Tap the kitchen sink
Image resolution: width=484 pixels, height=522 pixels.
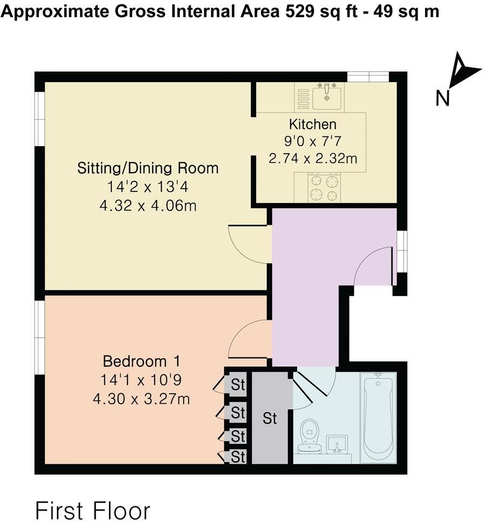pyautogui.click(x=327, y=95)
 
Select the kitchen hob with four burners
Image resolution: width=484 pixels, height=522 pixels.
pyautogui.click(x=324, y=188)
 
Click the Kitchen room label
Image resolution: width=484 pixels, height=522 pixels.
pyautogui.click(x=313, y=124)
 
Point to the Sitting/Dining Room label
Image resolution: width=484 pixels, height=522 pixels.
pyautogui.click(x=147, y=168)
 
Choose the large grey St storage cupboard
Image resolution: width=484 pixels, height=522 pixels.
pyautogui.click(x=271, y=418)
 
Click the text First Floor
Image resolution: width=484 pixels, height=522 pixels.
pyautogui.click(x=92, y=509)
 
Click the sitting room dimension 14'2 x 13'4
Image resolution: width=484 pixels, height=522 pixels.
pyautogui.click(x=147, y=188)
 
